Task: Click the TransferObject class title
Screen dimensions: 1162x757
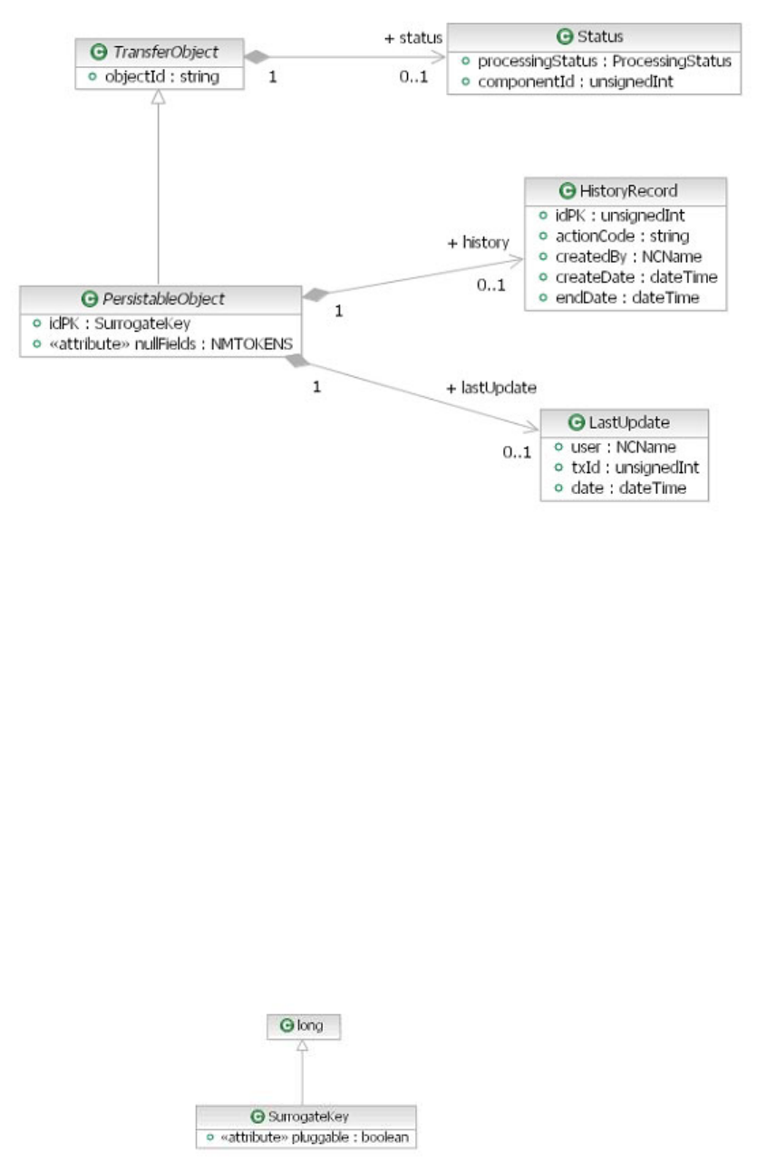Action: click(165, 53)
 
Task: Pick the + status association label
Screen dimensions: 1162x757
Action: click(413, 38)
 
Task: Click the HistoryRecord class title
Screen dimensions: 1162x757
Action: click(633, 190)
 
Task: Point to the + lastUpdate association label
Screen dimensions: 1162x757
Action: click(492, 387)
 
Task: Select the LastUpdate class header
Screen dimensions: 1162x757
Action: click(624, 422)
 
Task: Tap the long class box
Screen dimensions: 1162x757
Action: click(303, 1026)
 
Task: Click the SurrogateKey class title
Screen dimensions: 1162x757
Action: click(312, 1116)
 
